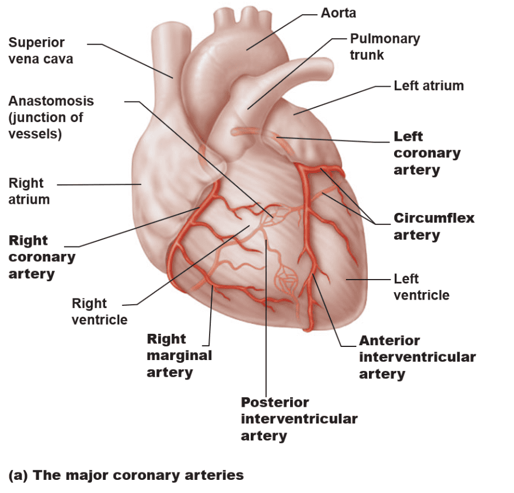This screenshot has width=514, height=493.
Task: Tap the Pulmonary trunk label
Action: point(384,47)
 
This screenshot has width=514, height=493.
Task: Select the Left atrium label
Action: point(428,86)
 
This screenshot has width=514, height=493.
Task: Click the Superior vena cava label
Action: point(41,50)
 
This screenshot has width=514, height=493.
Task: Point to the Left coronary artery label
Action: point(427,153)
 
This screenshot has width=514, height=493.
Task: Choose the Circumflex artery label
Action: point(433,227)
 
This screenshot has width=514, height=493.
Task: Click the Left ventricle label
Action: point(421,287)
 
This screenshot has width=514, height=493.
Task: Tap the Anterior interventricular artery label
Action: point(417,357)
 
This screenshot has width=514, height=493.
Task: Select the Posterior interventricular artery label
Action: point(299,419)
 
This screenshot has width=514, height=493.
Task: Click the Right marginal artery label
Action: point(179,355)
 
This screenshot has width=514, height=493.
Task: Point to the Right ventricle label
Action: point(99,311)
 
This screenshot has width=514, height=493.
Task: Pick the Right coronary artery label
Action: point(42,257)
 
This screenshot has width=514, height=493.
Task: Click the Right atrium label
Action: point(29,191)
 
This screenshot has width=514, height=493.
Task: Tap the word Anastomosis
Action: point(51,101)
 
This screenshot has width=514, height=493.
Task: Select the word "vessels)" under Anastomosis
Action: point(35,134)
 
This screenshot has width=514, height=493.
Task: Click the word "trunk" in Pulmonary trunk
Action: point(367,55)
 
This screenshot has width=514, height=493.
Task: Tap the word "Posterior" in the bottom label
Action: point(275,402)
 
